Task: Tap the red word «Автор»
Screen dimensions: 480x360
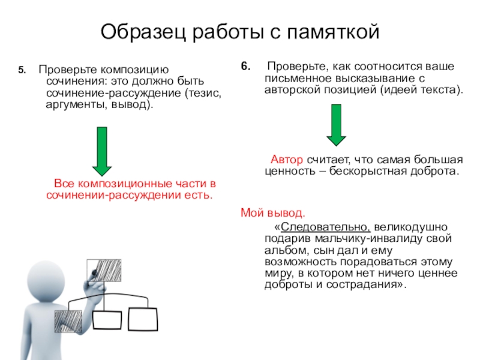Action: click(287, 161)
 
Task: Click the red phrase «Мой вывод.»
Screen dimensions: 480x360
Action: click(272, 212)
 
